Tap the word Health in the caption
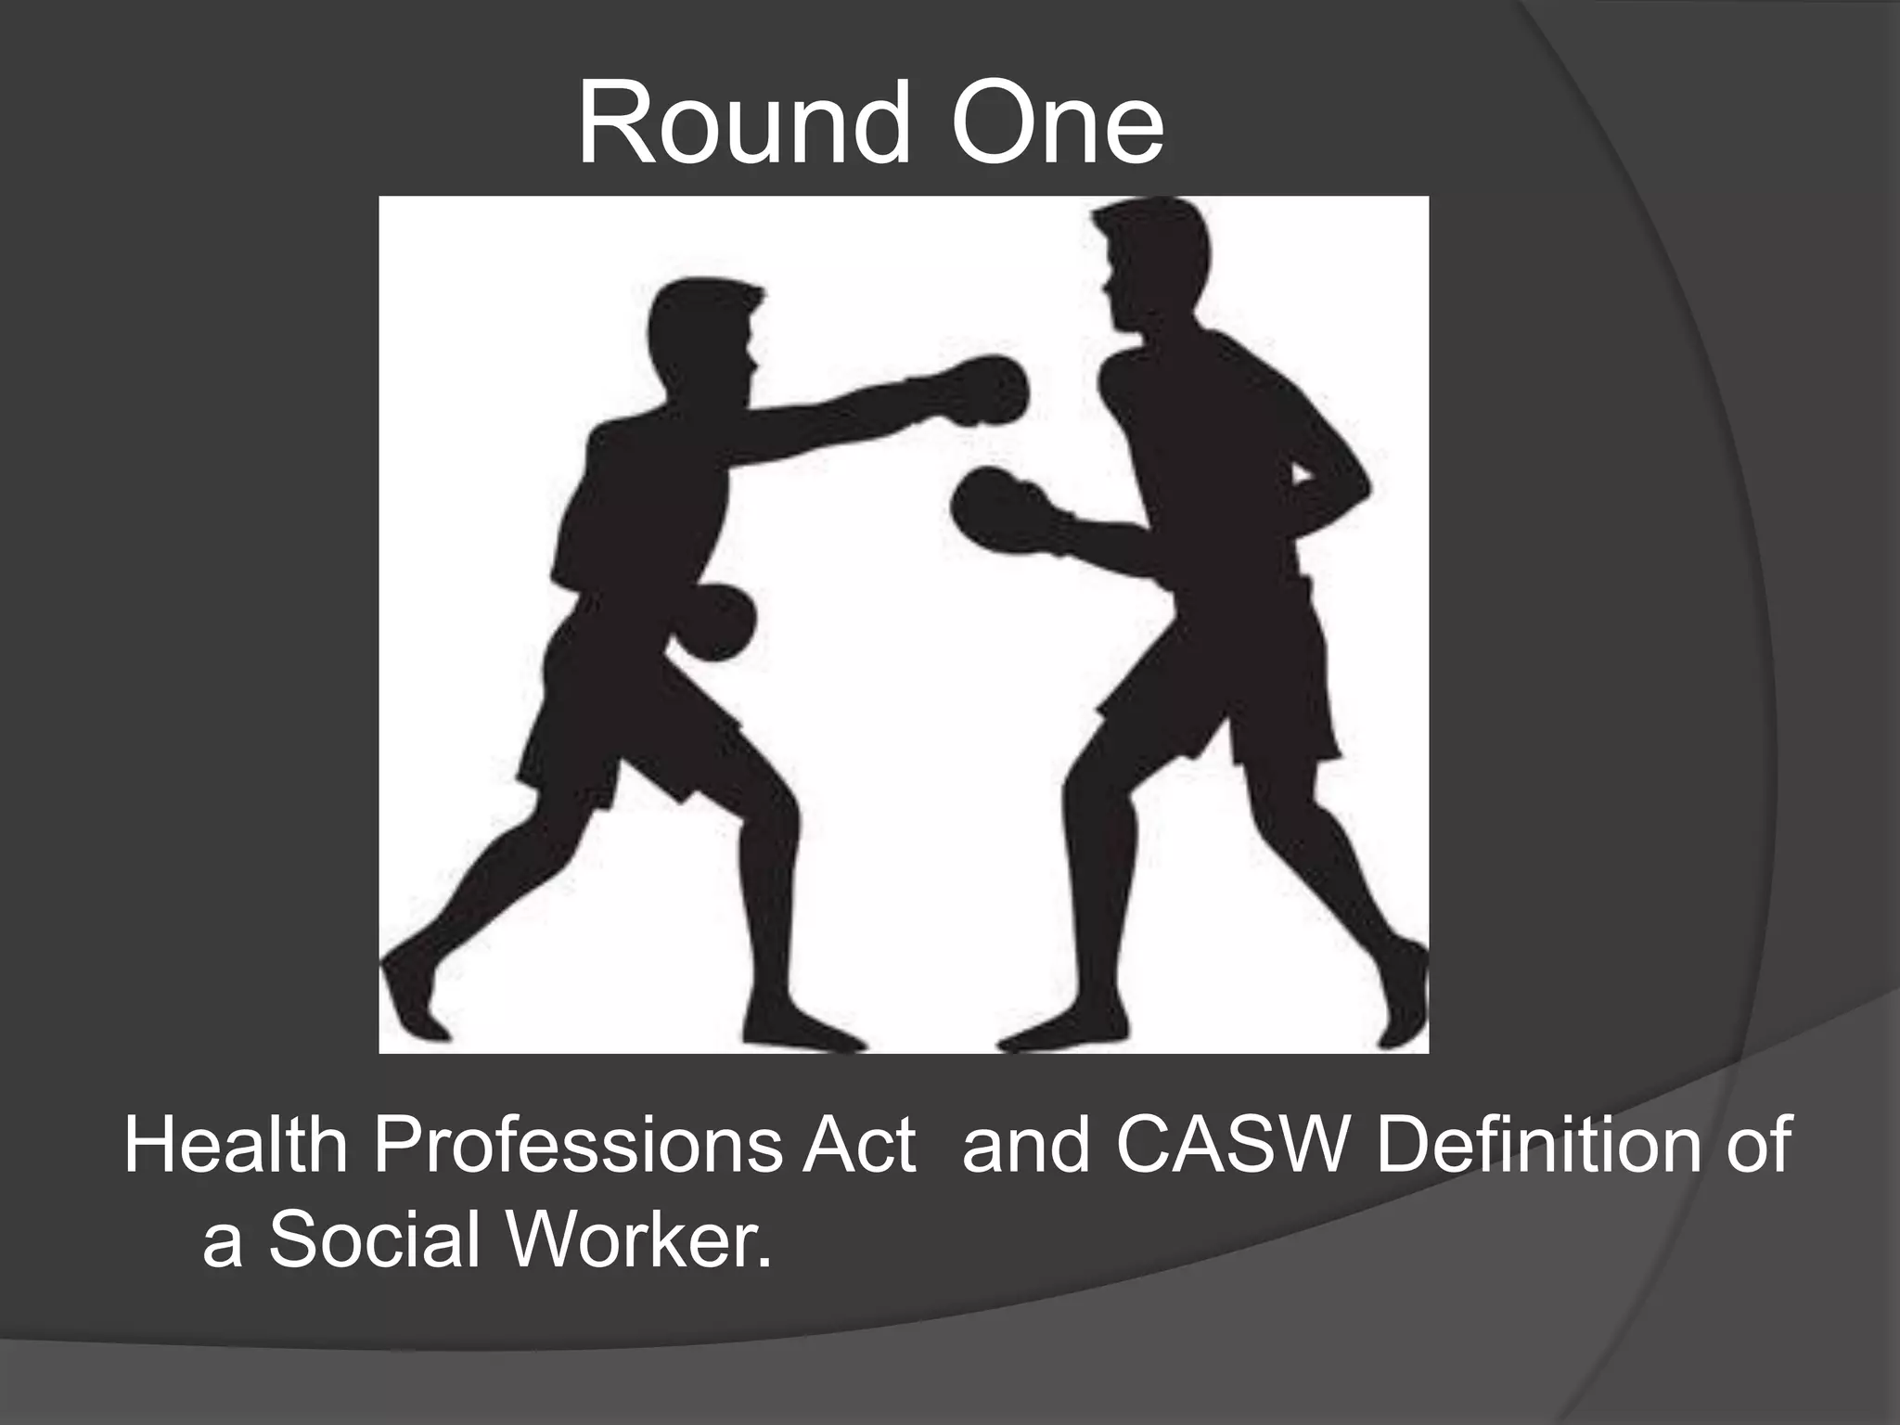pos(236,1148)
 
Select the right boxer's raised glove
pos(997,510)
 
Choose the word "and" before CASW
pos(1026,1148)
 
